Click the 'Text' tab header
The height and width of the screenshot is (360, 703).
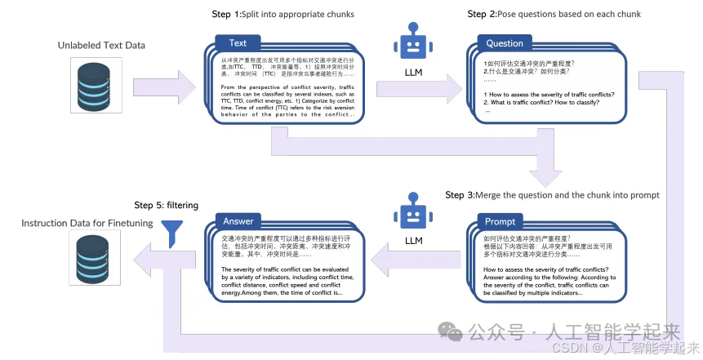pos(238,43)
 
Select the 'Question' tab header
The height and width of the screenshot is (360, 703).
pos(505,43)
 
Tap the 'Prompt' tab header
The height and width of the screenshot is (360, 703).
pos(500,222)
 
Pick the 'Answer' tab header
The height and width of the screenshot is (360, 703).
pos(238,221)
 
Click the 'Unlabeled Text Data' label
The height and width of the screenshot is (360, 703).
pos(101,45)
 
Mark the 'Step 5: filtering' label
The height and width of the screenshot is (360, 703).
pos(166,205)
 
